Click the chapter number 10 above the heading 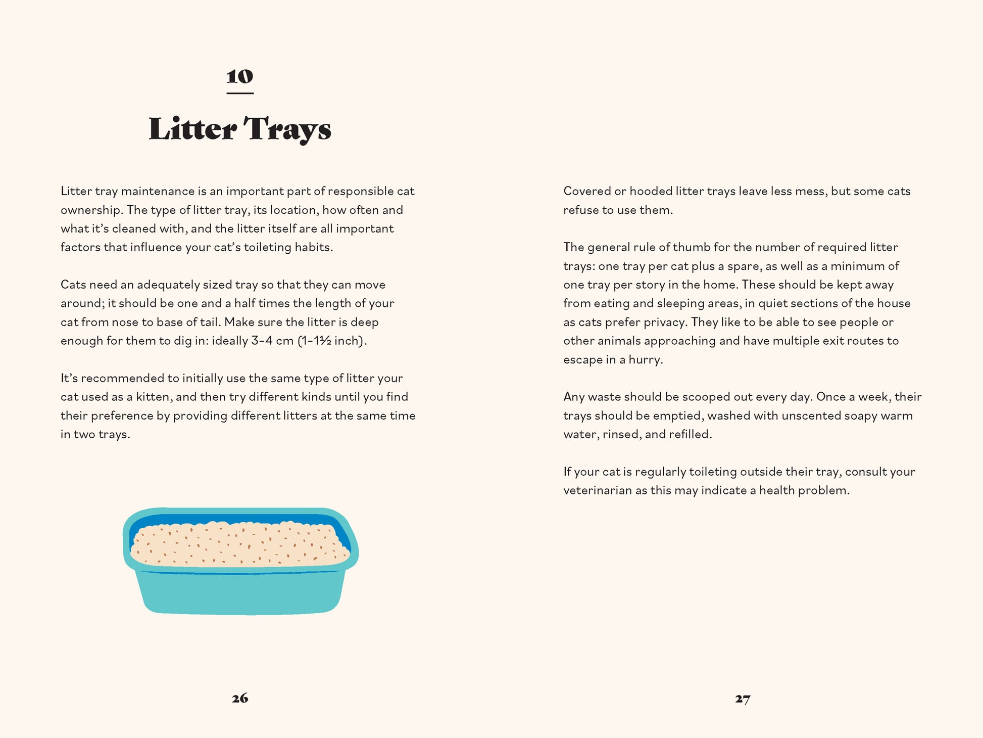pyautogui.click(x=240, y=77)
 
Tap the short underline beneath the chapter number pyautogui.click(x=240, y=93)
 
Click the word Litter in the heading pyautogui.click(x=192, y=129)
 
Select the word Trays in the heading pyautogui.click(x=287, y=129)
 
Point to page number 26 pyautogui.click(x=240, y=698)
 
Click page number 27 pyautogui.click(x=743, y=699)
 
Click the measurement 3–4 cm pyautogui.click(x=272, y=341)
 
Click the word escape pyautogui.click(x=581, y=360)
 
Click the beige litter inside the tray pyautogui.click(x=240, y=546)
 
